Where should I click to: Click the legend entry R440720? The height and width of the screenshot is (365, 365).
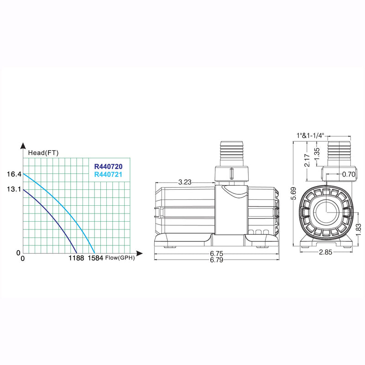click(x=108, y=167)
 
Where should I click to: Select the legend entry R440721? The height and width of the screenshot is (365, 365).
click(x=108, y=174)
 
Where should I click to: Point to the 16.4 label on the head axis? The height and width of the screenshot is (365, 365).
click(x=14, y=174)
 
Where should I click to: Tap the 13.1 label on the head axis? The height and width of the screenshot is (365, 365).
click(x=14, y=189)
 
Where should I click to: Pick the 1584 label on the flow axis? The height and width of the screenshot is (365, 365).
click(x=95, y=259)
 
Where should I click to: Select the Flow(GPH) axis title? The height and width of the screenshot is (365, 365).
click(x=120, y=258)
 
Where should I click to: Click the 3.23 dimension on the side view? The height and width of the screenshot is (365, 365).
click(x=184, y=182)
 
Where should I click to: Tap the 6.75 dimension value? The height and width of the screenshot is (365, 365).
click(x=216, y=254)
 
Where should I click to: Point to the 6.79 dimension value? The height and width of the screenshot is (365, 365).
click(x=216, y=261)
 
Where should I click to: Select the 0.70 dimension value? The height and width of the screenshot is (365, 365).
click(x=348, y=174)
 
